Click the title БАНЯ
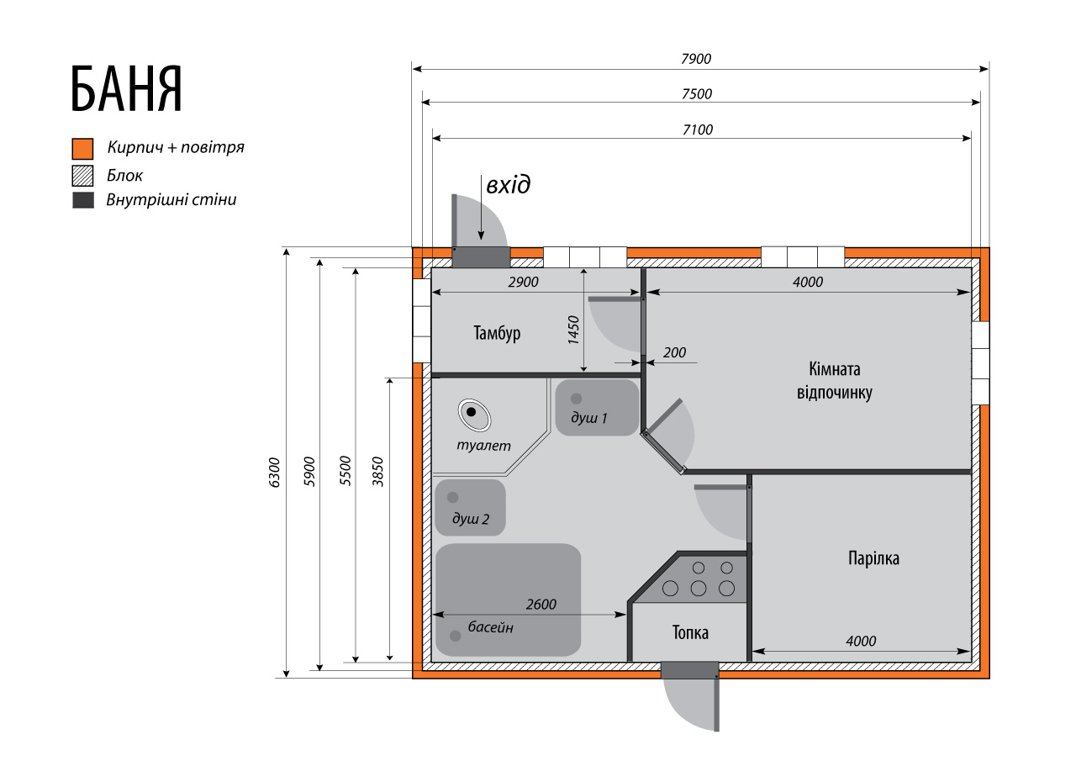pos(127,89)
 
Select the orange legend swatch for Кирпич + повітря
pos(82,149)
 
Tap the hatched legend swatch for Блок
pos(82,176)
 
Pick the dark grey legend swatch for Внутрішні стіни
pos(82,200)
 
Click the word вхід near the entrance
pos(509,185)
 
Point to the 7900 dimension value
pos(695,59)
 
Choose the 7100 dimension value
pos(698,129)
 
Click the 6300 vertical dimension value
pos(274,473)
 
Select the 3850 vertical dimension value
pos(378,472)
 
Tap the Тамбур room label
pos(497,333)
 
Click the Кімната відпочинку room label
pos(835,380)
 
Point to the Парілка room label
pos(873,558)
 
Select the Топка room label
pos(690,632)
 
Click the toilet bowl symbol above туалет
pos(474,415)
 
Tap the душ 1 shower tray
pos(597,408)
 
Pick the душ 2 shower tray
pos(470,508)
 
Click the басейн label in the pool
pos(490,627)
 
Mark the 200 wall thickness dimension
pos(674,352)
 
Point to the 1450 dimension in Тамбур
pos(573,330)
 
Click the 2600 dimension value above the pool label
pos(541,605)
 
